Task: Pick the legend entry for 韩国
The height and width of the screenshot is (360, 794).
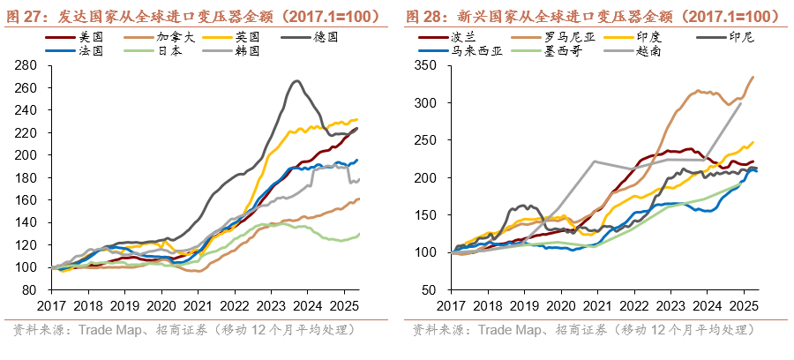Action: [x=248, y=51]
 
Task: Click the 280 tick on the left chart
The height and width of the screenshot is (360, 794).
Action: [x=30, y=65]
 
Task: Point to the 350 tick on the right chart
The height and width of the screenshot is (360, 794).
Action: [x=429, y=65]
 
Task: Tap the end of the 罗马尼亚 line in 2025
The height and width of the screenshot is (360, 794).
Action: [x=753, y=77]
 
